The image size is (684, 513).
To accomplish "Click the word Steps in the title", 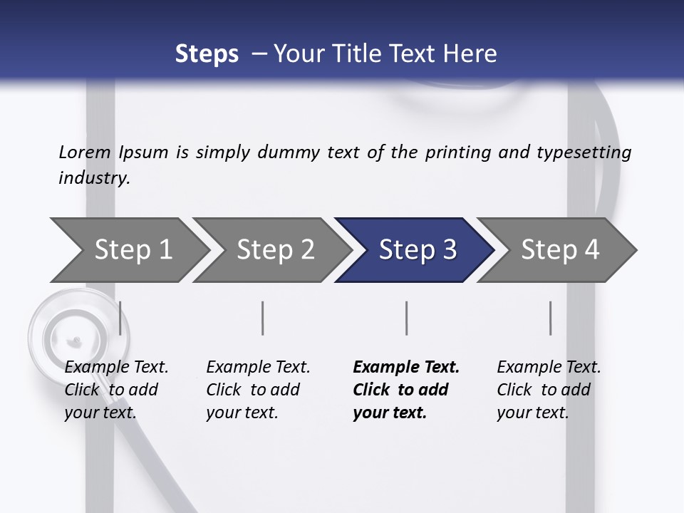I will (x=207, y=54).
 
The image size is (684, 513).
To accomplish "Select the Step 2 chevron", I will (x=274, y=249).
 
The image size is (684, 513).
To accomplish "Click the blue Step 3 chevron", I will (x=417, y=249).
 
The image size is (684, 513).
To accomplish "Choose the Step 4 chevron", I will (x=559, y=249).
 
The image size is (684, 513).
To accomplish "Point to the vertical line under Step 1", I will (x=120, y=318).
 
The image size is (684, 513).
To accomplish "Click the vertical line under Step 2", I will (x=263, y=318).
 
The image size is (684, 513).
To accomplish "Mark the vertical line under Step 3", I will (x=407, y=318).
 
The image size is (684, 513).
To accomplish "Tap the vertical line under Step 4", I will (x=551, y=318).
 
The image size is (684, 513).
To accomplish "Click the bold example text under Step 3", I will (x=406, y=390).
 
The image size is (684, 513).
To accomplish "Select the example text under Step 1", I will (x=116, y=390).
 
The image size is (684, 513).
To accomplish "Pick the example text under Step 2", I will (x=258, y=390).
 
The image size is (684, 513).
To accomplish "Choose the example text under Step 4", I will (x=549, y=390).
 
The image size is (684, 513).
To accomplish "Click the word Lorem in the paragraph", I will (x=85, y=152).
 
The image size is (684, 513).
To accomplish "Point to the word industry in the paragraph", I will (x=94, y=178).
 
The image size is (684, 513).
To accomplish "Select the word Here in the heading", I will (x=471, y=54).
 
